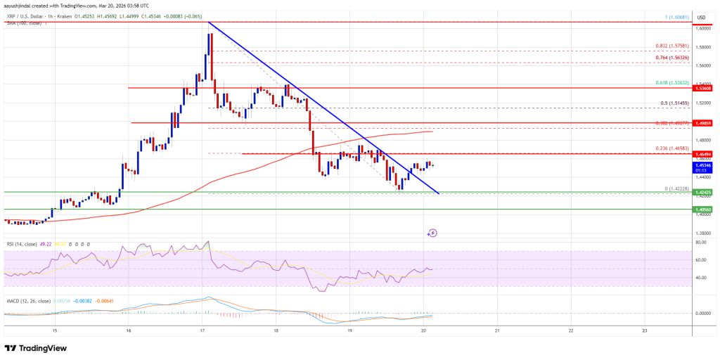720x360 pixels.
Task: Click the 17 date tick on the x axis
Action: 202,330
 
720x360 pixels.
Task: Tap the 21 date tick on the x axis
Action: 497,330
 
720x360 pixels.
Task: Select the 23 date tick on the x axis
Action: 645,330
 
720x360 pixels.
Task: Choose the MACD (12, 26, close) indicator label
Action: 29,302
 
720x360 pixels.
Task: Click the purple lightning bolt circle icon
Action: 432,233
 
